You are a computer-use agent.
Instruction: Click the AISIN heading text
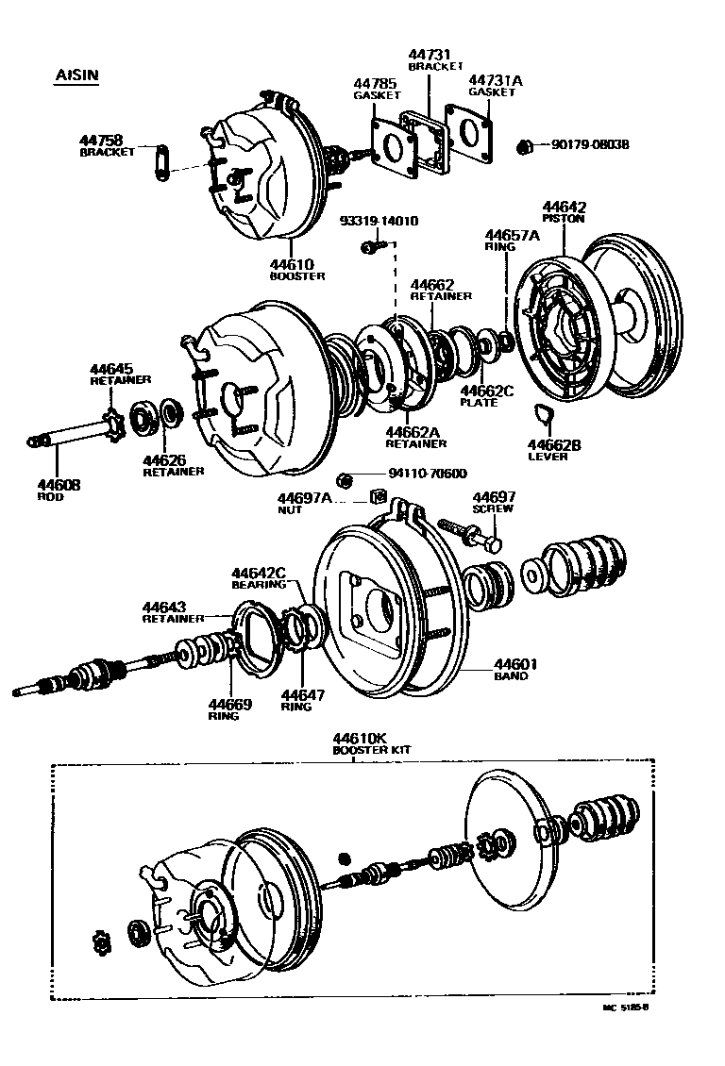(x=76, y=75)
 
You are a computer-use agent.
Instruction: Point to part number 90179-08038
(x=589, y=144)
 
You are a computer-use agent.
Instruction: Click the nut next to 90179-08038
(x=525, y=146)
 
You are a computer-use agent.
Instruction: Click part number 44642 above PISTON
(x=564, y=207)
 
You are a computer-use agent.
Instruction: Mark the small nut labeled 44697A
(x=377, y=495)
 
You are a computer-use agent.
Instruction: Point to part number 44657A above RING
(x=512, y=235)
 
